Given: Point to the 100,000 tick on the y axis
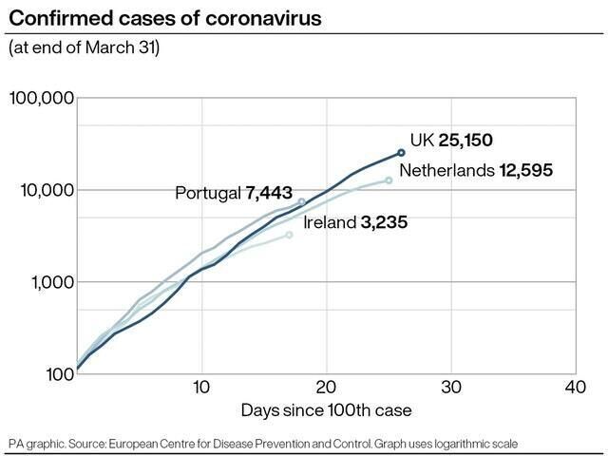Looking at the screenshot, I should point(41,99).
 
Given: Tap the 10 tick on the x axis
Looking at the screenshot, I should point(200,389).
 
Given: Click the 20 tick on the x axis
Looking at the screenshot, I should point(327,389).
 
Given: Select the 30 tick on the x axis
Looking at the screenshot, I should point(451,389).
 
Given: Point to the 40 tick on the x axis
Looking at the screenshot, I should point(575,389).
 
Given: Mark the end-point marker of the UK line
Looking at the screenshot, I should point(402,152).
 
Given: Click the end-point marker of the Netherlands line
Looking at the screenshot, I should point(389,180).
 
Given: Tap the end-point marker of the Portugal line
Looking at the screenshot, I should point(302,201).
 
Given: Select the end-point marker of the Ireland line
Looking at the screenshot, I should point(290,234).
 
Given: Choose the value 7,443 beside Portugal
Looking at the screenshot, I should point(269,194).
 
